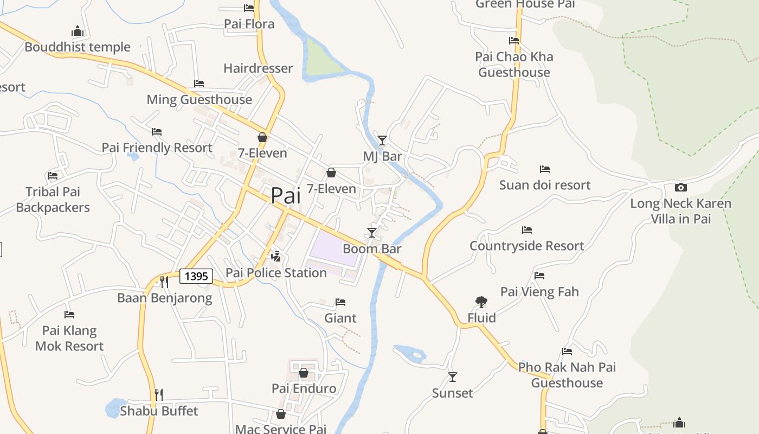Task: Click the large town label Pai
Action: tap(286, 196)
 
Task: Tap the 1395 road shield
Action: tap(196, 276)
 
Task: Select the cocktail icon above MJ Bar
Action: tap(382, 141)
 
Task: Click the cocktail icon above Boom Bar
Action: tap(372, 233)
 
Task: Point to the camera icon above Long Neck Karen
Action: tap(681, 188)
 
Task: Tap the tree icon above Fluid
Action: tap(481, 302)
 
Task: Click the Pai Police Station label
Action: tap(276, 272)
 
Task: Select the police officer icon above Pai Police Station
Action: tap(276, 256)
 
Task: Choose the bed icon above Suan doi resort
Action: tap(545, 169)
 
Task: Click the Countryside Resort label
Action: tap(527, 246)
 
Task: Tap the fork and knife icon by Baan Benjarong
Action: tap(164, 282)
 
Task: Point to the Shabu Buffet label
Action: tap(159, 411)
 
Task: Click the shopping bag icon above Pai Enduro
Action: tap(304, 373)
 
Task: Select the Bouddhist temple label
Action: tap(78, 47)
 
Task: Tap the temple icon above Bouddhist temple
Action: tap(78, 31)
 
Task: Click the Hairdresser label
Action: tap(258, 68)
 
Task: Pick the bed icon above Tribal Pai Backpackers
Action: tap(53, 176)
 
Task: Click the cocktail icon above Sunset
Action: tap(453, 376)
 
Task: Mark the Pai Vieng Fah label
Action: tap(539, 292)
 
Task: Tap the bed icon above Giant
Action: tap(340, 302)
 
